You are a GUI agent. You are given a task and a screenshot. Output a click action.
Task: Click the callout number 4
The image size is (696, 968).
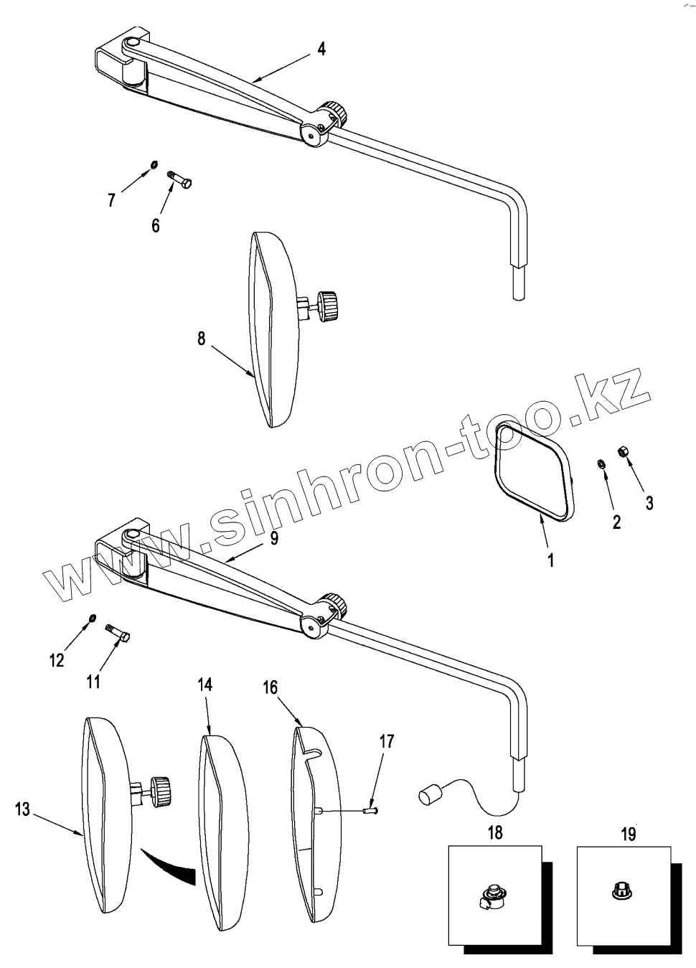(x=321, y=50)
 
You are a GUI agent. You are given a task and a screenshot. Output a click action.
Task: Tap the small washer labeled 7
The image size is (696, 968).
(x=154, y=166)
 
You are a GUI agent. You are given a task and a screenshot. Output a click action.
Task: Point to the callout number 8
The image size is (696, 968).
(x=202, y=338)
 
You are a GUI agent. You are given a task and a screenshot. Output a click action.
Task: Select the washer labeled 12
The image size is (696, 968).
(x=92, y=618)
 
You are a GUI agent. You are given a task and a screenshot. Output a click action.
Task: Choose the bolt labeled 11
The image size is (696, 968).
(x=118, y=632)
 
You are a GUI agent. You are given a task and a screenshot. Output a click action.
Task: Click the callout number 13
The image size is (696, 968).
(x=22, y=809)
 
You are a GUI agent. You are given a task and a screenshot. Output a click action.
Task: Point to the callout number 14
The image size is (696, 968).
(x=205, y=685)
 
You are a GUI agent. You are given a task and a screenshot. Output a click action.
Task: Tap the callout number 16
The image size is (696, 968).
(x=270, y=688)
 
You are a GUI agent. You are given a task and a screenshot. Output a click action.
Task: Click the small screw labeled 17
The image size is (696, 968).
(x=371, y=812)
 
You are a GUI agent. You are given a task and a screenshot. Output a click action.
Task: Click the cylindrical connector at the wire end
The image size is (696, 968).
(x=429, y=796)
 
